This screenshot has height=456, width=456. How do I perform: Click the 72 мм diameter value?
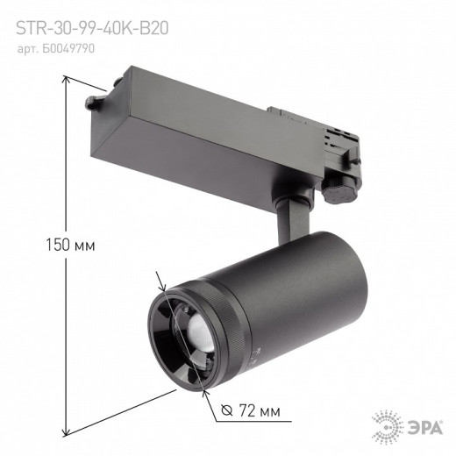point(263,410)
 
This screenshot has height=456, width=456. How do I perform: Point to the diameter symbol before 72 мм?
point(228,410)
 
